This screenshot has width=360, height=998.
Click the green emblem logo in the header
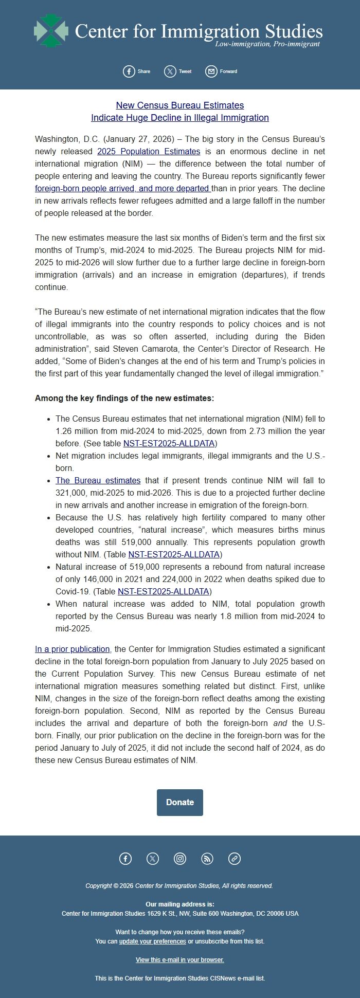(x=50, y=31)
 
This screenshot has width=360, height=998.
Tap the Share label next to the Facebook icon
(x=144, y=71)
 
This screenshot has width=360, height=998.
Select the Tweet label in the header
(x=185, y=71)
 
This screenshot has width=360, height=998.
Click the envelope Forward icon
(x=211, y=71)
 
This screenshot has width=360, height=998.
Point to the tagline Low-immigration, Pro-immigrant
(x=267, y=44)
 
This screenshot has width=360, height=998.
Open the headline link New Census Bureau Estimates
(x=180, y=105)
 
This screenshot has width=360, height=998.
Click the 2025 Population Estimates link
(x=149, y=151)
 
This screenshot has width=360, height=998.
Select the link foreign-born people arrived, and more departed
(x=122, y=188)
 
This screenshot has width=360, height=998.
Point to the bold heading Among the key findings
(x=124, y=398)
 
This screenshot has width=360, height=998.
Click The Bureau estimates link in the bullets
(x=98, y=480)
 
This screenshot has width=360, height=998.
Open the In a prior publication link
(x=72, y=649)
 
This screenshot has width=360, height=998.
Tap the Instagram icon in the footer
(x=180, y=858)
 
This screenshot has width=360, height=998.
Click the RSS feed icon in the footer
(x=207, y=858)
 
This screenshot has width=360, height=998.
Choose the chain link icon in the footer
(x=235, y=858)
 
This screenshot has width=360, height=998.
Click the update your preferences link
(x=152, y=941)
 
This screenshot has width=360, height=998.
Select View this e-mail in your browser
(x=180, y=959)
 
